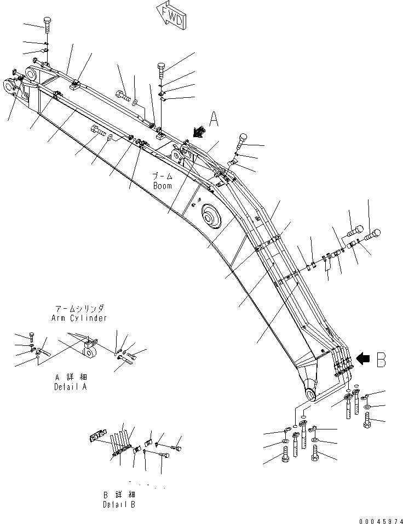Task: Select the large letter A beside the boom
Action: click(x=214, y=119)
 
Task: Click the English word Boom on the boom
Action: click(x=162, y=186)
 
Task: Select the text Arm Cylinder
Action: click(x=80, y=317)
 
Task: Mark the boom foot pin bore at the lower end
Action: click(x=310, y=395)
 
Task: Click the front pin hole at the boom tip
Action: click(x=11, y=85)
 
